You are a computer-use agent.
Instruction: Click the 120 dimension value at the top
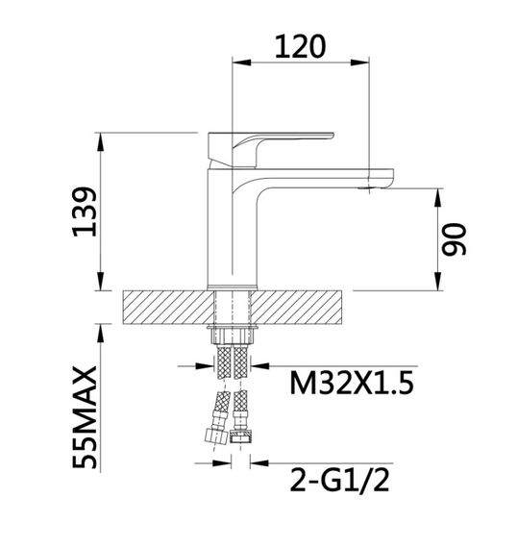pos(301,44)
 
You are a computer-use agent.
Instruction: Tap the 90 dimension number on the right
pos(454,238)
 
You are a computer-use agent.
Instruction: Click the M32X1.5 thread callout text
pos(350,384)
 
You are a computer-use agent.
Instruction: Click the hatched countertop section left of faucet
pos(163,308)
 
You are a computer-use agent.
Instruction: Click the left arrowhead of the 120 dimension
pos(240,63)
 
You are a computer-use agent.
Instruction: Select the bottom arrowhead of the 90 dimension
pos(438,284)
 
